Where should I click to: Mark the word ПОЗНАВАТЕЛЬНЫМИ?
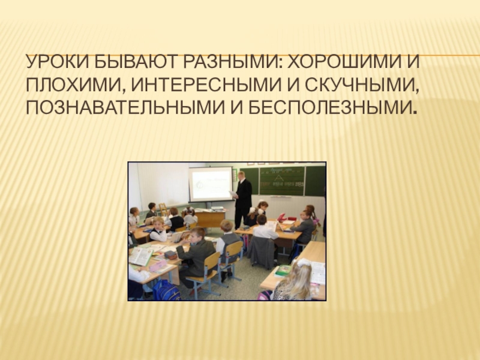coord(125,107)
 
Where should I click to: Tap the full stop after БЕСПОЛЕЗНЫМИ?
coord(415,112)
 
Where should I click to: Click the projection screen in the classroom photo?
coord(211,184)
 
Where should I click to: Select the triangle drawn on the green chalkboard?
coord(278,178)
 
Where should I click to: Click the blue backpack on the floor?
coord(166,290)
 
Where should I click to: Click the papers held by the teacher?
coord(233,194)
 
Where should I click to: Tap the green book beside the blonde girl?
coord(283,271)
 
